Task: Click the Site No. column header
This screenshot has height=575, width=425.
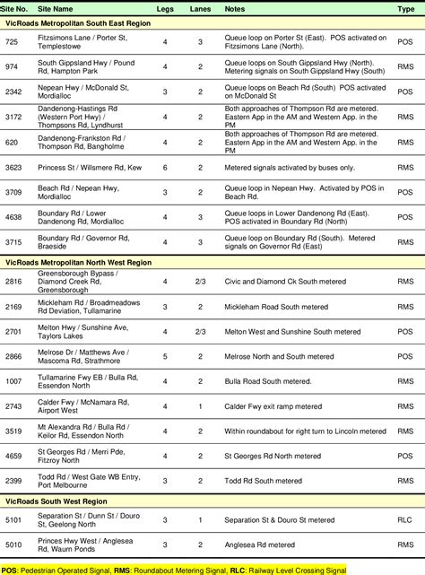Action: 16,7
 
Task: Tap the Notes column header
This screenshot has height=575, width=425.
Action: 234,7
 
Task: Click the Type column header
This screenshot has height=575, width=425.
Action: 405,7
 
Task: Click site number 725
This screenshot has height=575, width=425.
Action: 11,42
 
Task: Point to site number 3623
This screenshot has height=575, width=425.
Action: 13,167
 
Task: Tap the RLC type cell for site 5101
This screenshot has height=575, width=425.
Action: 405,518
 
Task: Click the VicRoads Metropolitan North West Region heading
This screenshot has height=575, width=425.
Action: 78,262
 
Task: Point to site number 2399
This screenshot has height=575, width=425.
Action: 13,481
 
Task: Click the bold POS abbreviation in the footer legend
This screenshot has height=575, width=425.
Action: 9,569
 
